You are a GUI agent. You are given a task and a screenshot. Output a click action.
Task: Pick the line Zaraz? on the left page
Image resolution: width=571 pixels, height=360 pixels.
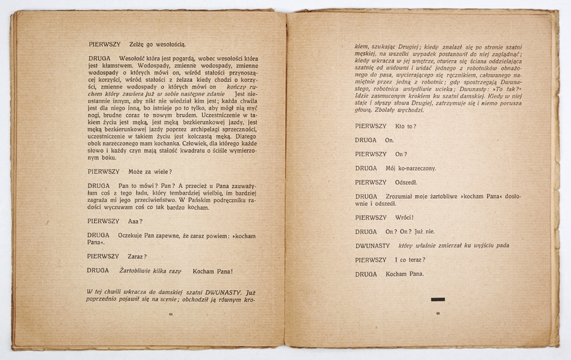135,255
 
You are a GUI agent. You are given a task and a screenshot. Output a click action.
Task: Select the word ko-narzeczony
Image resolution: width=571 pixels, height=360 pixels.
416,169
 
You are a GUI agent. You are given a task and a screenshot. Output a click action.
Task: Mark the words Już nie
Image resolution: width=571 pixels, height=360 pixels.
424,231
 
